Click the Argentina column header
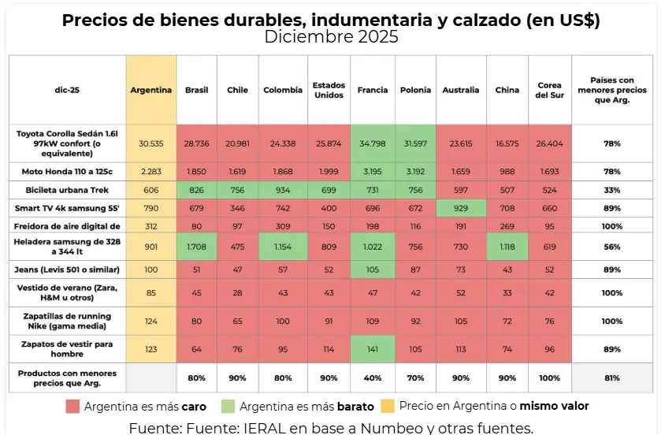[x=150, y=90]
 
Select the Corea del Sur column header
[x=549, y=90]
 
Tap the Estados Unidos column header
[x=329, y=90]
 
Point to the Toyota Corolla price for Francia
[x=373, y=143]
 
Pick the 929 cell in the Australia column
[x=461, y=208]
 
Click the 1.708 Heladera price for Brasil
[x=196, y=246]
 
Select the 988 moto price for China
[x=507, y=172]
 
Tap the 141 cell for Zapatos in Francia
[x=373, y=348]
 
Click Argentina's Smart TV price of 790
[x=150, y=208]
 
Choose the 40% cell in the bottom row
[x=373, y=377]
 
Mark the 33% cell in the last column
[x=612, y=190]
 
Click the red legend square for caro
[x=73, y=407]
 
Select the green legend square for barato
[x=228, y=407]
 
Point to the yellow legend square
[x=387, y=407]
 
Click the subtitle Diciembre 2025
[x=331, y=36]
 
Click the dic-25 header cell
[x=67, y=90]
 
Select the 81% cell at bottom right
[x=612, y=377]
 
